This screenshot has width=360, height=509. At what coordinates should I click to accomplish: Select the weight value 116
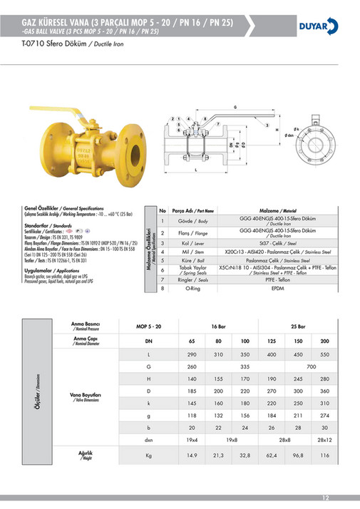click(325, 453)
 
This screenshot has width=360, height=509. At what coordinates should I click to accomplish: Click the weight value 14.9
click(191, 453)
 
